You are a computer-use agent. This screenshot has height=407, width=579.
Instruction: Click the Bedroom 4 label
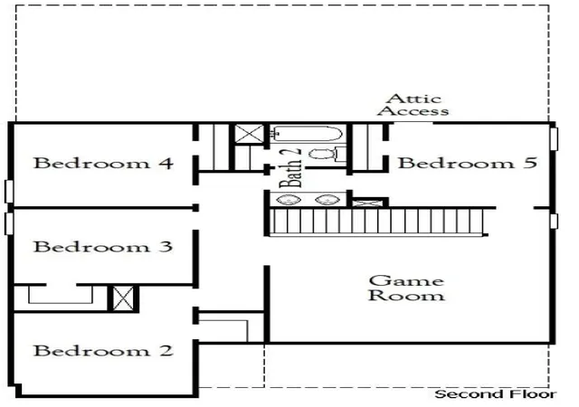tap(103, 163)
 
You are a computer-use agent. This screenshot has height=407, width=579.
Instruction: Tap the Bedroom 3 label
tap(103, 247)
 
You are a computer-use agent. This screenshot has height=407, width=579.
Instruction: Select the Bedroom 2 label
tap(103, 351)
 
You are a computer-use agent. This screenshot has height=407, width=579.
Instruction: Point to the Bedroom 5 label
tap(467, 163)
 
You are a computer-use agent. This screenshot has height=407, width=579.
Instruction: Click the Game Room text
tap(406, 289)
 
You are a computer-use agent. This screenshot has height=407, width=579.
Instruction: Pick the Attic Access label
tap(413, 105)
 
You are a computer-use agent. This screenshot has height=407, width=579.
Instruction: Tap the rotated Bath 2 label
tap(290, 168)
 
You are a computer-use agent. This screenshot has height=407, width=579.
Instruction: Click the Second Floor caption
tap(496, 394)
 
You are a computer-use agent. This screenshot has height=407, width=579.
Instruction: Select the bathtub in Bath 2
tap(306, 134)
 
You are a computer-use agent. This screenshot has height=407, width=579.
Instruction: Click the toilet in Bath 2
tap(327, 154)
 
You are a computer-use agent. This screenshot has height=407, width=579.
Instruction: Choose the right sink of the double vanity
tap(327, 200)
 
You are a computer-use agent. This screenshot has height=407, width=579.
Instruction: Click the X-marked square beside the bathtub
tap(250, 134)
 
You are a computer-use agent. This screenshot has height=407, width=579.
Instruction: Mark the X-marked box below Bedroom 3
tap(123, 298)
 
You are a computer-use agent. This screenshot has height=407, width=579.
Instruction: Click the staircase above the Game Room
tap(377, 222)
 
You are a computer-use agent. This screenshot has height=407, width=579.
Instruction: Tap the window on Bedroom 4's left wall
tap(9, 192)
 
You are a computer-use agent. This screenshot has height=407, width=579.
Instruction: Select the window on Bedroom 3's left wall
tap(9, 223)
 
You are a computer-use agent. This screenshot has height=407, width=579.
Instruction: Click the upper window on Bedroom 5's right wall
tap(554, 139)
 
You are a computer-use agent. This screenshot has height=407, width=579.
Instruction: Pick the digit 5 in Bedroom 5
tap(532, 163)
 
